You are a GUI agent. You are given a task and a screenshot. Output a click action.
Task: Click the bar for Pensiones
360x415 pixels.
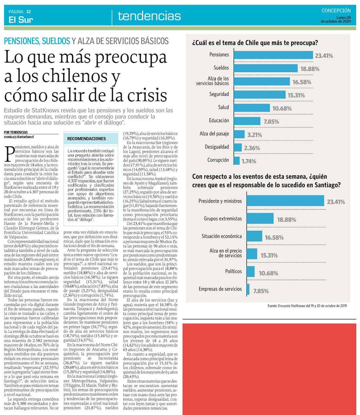273,55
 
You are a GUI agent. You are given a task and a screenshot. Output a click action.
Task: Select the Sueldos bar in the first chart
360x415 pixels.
266,68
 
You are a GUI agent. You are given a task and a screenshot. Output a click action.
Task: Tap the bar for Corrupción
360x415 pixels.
236,160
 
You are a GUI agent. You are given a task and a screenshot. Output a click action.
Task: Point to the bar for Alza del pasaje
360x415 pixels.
239,134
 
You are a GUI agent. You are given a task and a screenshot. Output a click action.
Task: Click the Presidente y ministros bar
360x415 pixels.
285,201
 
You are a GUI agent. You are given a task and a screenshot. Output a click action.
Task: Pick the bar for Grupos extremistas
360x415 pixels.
260,218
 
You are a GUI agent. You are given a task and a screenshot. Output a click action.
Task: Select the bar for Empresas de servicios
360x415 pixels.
248,289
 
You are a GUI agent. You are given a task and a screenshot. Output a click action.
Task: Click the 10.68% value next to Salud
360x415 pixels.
282,108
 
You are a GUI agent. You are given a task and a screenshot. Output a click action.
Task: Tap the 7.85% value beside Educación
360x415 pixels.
271,122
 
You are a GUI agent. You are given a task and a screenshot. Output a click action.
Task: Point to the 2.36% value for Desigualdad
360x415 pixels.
252,148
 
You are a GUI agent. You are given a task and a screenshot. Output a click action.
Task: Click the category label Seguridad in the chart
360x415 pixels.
219,94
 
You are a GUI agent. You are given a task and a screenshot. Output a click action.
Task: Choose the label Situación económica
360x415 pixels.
222,236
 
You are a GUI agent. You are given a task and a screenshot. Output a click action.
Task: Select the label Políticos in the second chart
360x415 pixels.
233,271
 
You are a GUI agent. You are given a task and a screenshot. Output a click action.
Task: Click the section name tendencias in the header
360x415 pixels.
149,16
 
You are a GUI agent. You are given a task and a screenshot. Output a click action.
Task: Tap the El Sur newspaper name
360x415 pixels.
21,20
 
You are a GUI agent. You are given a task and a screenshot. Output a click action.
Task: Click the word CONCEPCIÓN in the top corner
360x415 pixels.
336,10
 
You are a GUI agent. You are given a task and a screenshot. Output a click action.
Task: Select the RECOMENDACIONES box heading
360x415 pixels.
86,139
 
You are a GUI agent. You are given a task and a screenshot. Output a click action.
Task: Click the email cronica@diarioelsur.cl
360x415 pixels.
19,137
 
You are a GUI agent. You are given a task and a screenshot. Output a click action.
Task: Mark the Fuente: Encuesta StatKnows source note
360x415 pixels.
307,306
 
